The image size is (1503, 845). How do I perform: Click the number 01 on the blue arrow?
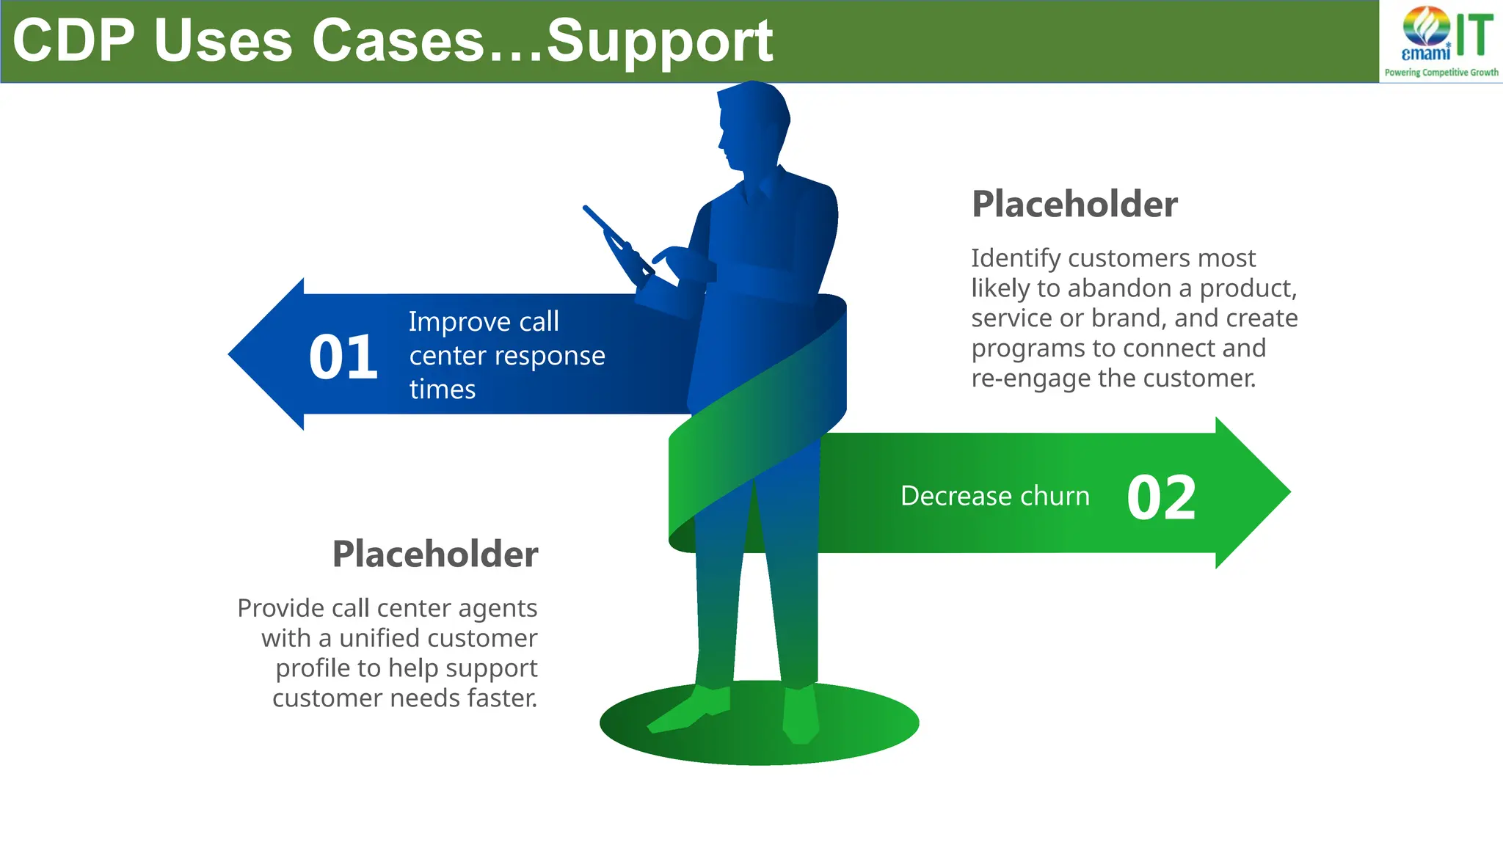click(343, 358)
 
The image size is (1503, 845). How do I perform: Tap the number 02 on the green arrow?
click(1161, 498)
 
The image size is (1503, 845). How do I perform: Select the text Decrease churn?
click(994, 497)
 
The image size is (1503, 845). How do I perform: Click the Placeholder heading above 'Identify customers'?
click(1074, 204)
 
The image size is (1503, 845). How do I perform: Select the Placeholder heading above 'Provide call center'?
click(435, 554)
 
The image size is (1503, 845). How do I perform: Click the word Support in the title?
click(659, 42)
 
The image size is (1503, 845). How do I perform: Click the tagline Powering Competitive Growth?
click(1441, 73)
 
